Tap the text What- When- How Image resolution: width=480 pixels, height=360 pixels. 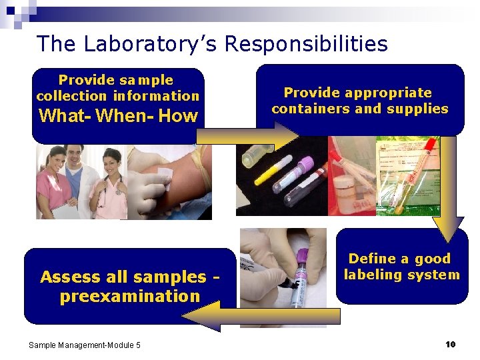click(119, 116)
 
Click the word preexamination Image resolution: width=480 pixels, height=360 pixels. click(130, 296)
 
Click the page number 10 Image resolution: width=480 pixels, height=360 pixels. click(450, 344)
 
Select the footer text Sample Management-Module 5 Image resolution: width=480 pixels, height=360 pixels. click(85, 345)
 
